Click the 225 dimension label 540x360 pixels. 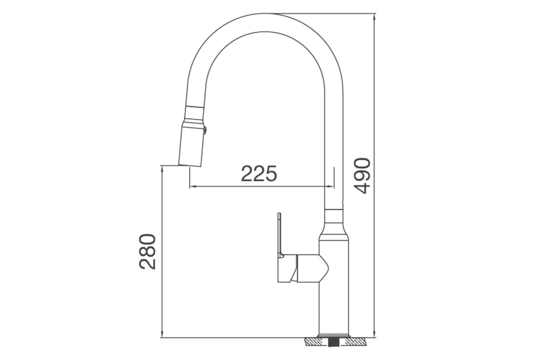coord(259,174)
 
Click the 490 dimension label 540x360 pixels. coord(361,175)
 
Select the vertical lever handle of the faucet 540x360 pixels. coord(279,234)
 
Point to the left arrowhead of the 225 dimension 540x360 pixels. coord(192,186)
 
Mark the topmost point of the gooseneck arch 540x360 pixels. coord(275,14)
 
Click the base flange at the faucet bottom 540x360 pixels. coord(333,336)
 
